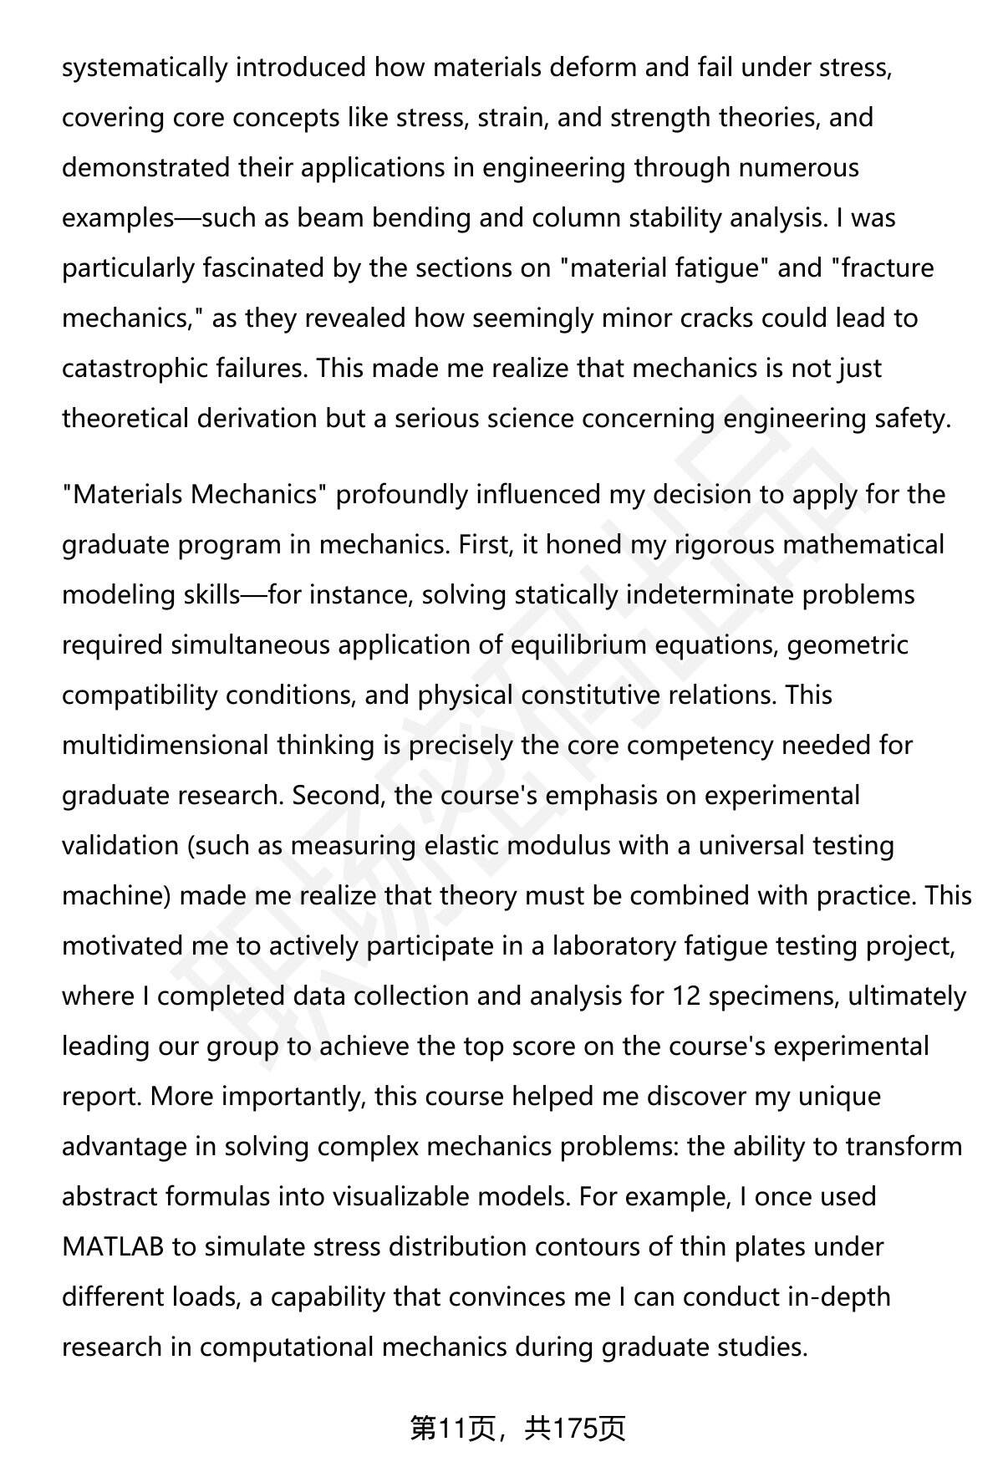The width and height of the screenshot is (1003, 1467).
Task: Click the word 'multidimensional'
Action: [165, 746]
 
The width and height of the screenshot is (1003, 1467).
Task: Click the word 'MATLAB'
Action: [113, 1247]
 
